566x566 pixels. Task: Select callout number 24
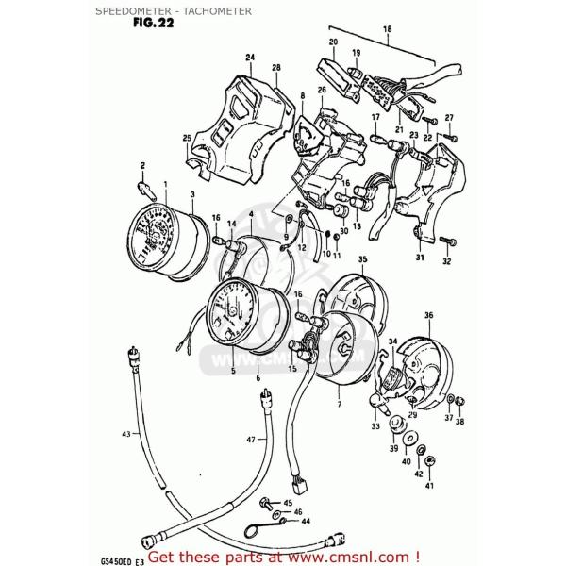(250, 58)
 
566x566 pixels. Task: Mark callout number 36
(428, 315)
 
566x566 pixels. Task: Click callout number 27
(449, 119)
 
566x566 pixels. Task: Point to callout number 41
(430, 485)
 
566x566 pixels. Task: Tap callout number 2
(143, 164)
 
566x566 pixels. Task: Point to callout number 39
(393, 450)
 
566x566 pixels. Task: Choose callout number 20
(333, 42)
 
